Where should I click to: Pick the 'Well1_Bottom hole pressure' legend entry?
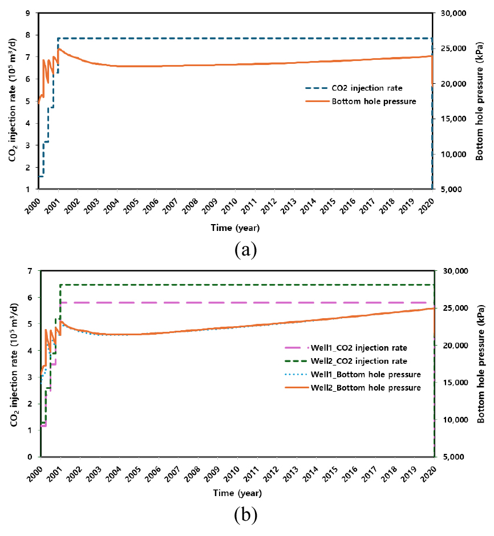click(x=361, y=375)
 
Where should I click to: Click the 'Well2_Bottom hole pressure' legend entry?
click(x=361, y=388)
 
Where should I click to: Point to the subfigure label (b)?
click(x=246, y=515)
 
